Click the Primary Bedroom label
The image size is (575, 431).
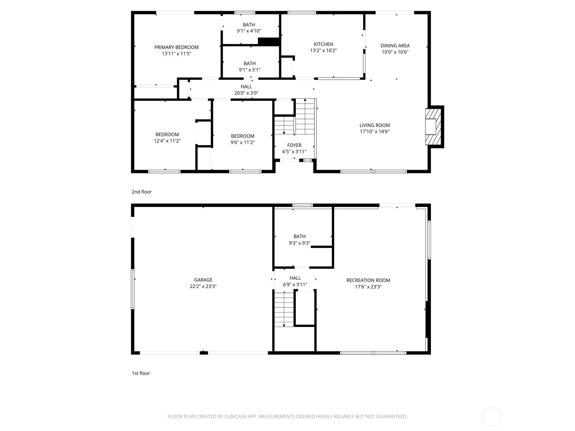[x=176, y=47]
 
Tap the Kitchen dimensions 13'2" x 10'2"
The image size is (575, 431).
[x=323, y=51]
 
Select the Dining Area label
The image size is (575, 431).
[x=395, y=46]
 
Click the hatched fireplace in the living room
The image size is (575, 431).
[x=433, y=127]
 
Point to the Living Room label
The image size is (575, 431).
[x=374, y=125]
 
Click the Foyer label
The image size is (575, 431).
[x=294, y=145]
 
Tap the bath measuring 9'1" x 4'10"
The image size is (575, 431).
[x=249, y=28]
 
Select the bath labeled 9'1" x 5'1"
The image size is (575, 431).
[x=249, y=67]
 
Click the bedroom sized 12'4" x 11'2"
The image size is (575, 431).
[x=167, y=138]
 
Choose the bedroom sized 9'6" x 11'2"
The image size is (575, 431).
[x=243, y=139]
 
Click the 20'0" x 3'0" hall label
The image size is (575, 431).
[x=246, y=90]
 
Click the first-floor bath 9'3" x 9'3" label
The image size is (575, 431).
[x=299, y=240]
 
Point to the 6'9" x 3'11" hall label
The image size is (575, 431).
[x=295, y=281]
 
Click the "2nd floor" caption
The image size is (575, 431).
[x=142, y=192]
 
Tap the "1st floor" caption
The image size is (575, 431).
[x=141, y=373]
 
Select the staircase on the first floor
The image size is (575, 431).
[x=284, y=309]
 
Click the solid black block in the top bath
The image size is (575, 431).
[x=268, y=42]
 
